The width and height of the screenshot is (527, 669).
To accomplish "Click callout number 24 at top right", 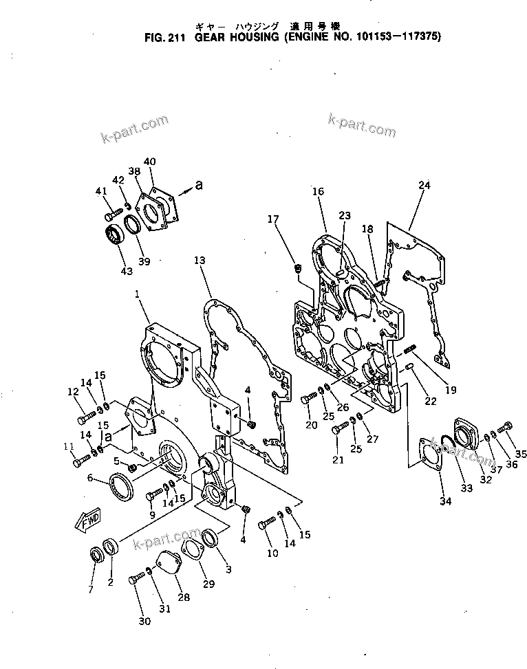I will (424, 185).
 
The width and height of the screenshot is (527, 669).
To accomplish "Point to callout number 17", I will (273, 219).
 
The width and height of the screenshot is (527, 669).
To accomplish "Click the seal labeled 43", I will (114, 236).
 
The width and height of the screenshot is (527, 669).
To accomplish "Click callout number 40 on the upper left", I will (149, 162).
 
